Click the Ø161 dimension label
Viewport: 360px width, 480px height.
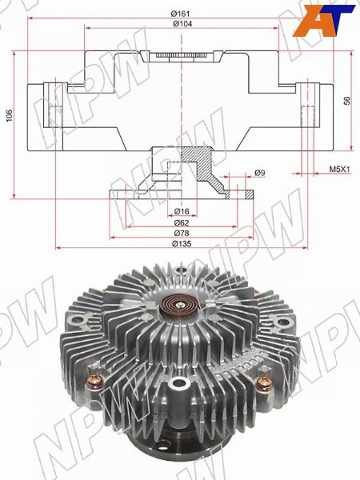pyautogui.click(x=180, y=14)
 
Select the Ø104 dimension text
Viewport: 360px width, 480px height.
pyautogui.click(x=182, y=23)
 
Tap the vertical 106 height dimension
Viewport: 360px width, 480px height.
pyautogui.click(x=10, y=115)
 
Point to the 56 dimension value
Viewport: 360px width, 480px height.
pyautogui.click(x=347, y=101)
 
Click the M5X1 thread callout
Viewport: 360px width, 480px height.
pyautogui.click(x=339, y=169)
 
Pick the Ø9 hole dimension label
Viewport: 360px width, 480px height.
pyautogui.click(x=259, y=173)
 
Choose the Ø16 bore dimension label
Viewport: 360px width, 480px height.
pyautogui.click(x=182, y=211)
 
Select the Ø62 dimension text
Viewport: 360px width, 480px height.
pyautogui.click(x=182, y=222)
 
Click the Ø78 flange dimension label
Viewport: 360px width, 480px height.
pyautogui.click(x=182, y=233)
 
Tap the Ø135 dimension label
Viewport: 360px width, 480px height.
pyautogui.click(x=182, y=244)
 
